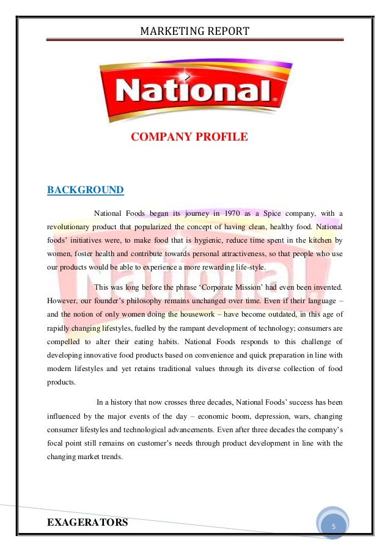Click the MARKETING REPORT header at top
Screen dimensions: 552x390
[x=195, y=30]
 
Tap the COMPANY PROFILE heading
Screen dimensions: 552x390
[x=189, y=137]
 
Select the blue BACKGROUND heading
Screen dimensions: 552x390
[x=86, y=190]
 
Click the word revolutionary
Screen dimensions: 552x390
[x=70, y=227]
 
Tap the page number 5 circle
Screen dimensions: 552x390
[x=333, y=526]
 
